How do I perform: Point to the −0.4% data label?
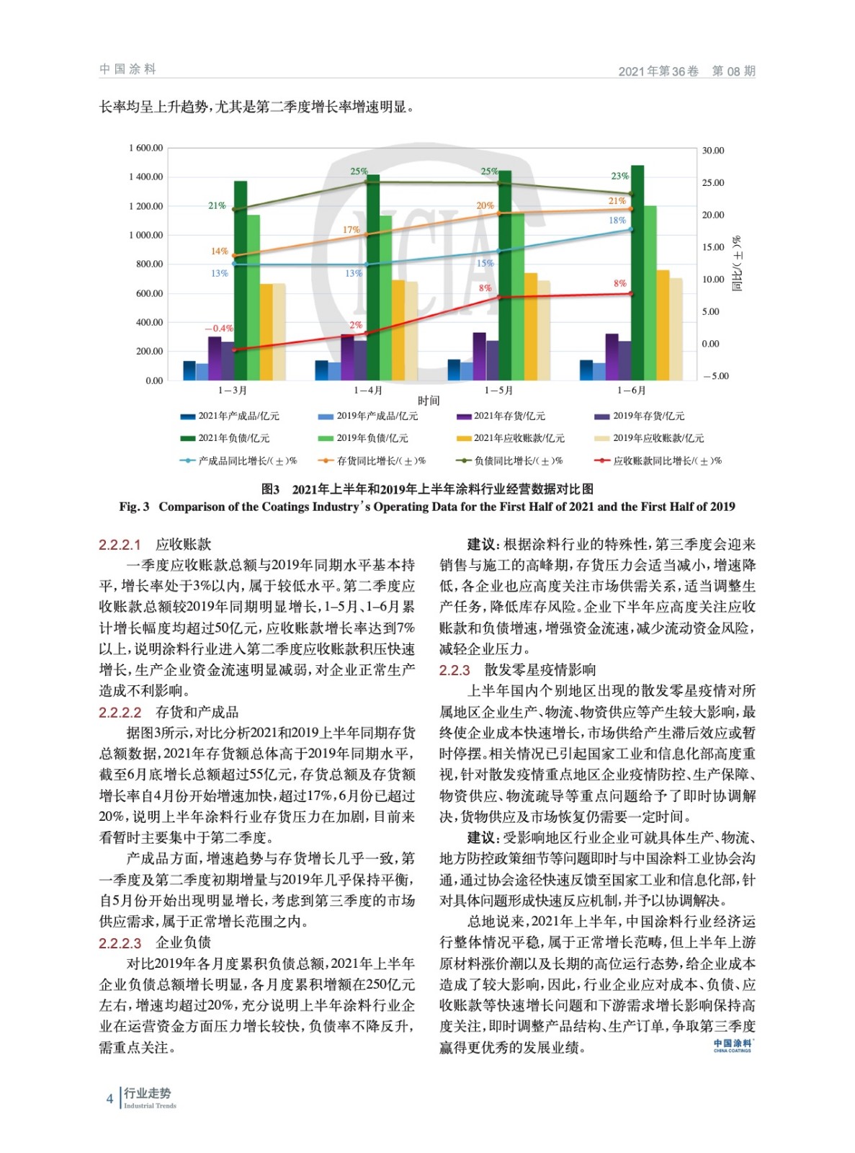[x=218, y=329]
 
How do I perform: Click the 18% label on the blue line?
[x=617, y=221]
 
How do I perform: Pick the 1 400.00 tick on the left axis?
[x=146, y=177]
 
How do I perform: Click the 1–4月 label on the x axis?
[x=367, y=391]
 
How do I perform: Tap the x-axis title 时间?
[x=429, y=401]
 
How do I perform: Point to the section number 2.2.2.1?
[x=120, y=544]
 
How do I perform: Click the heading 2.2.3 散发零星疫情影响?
[x=517, y=670]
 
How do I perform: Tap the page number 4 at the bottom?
[x=109, y=1099]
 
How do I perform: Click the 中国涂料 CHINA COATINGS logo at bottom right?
[x=733, y=1045]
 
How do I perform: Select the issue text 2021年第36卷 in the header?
[x=658, y=71]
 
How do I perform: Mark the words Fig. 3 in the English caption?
[x=134, y=507]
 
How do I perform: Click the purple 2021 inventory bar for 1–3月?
[x=215, y=358]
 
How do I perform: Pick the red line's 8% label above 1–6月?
[x=619, y=283]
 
